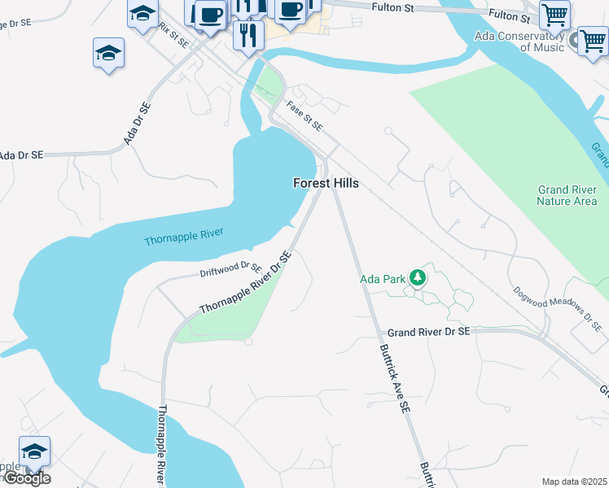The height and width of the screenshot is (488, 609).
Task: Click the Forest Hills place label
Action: (326, 184)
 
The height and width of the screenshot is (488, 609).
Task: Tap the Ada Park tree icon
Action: (418, 278)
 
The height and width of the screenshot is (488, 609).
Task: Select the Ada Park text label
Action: (383, 279)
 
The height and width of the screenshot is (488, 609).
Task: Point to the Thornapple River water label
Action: (183, 237)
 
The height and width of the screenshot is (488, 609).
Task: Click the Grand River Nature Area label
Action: (567, 195)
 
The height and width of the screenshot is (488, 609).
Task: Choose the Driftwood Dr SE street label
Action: (230, 269)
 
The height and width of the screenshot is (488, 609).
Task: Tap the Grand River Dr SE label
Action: (428, 332)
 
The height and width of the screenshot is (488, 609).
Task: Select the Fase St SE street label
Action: (304, 115)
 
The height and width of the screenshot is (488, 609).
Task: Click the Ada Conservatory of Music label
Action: (531, 41)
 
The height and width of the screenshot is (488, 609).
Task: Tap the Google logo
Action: (27, 478)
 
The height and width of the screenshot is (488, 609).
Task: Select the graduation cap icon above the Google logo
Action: (35, 452)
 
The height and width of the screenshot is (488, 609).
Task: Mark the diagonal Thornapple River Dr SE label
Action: (245, 284)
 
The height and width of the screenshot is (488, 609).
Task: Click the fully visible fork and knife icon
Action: (248, 35)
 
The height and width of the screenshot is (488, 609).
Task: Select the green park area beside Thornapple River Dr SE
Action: (228, 317)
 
